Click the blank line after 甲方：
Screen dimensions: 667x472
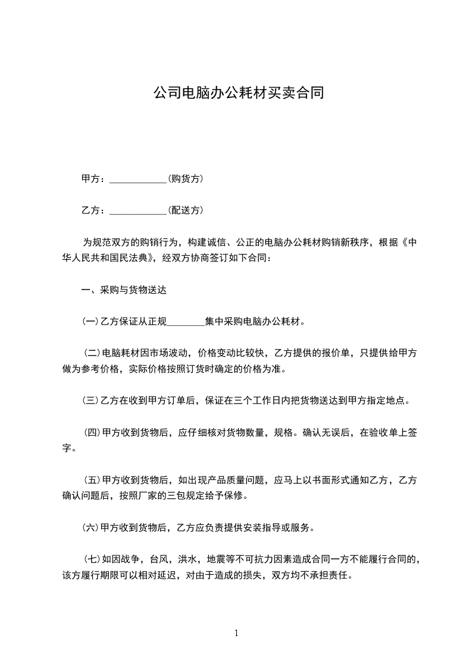click(x=138, y=179)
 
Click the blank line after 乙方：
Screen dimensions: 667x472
click(x=138, y=210)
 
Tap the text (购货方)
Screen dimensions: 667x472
click(x=186, y=179)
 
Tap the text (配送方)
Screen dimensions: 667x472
click(x=186, y=210)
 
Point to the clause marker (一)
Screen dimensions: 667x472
click(x=90, y=322)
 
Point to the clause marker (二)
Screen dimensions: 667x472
click(x=93, y=353)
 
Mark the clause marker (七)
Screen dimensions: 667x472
click(x=93, y=559)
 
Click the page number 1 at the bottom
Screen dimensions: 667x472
click(x=236, y=633)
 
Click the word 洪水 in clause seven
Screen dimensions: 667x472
click(x=187, y=559)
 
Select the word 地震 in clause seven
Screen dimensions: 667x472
click(x=216, y=559)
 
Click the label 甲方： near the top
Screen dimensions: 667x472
click(x=93, y=179)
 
